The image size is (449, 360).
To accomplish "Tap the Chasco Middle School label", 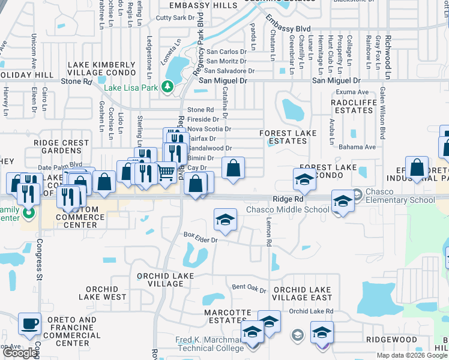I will (288, 210).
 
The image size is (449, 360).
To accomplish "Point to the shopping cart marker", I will (166, 173).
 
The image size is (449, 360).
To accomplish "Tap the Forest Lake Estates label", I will (283, 137).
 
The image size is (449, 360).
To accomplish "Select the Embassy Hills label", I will (203, 5).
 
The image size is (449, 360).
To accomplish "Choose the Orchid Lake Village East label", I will (302, 293).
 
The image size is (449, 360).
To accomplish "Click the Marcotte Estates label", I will (228, 316).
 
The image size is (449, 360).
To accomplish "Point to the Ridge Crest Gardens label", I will (61, 147).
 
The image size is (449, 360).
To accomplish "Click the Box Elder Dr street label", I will (200, 236).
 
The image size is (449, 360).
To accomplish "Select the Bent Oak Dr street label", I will (249, 289).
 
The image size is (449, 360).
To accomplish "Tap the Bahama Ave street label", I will (358, 146).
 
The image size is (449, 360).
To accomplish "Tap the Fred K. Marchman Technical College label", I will (201, 344).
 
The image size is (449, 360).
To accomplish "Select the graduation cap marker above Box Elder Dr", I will (225, 219).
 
